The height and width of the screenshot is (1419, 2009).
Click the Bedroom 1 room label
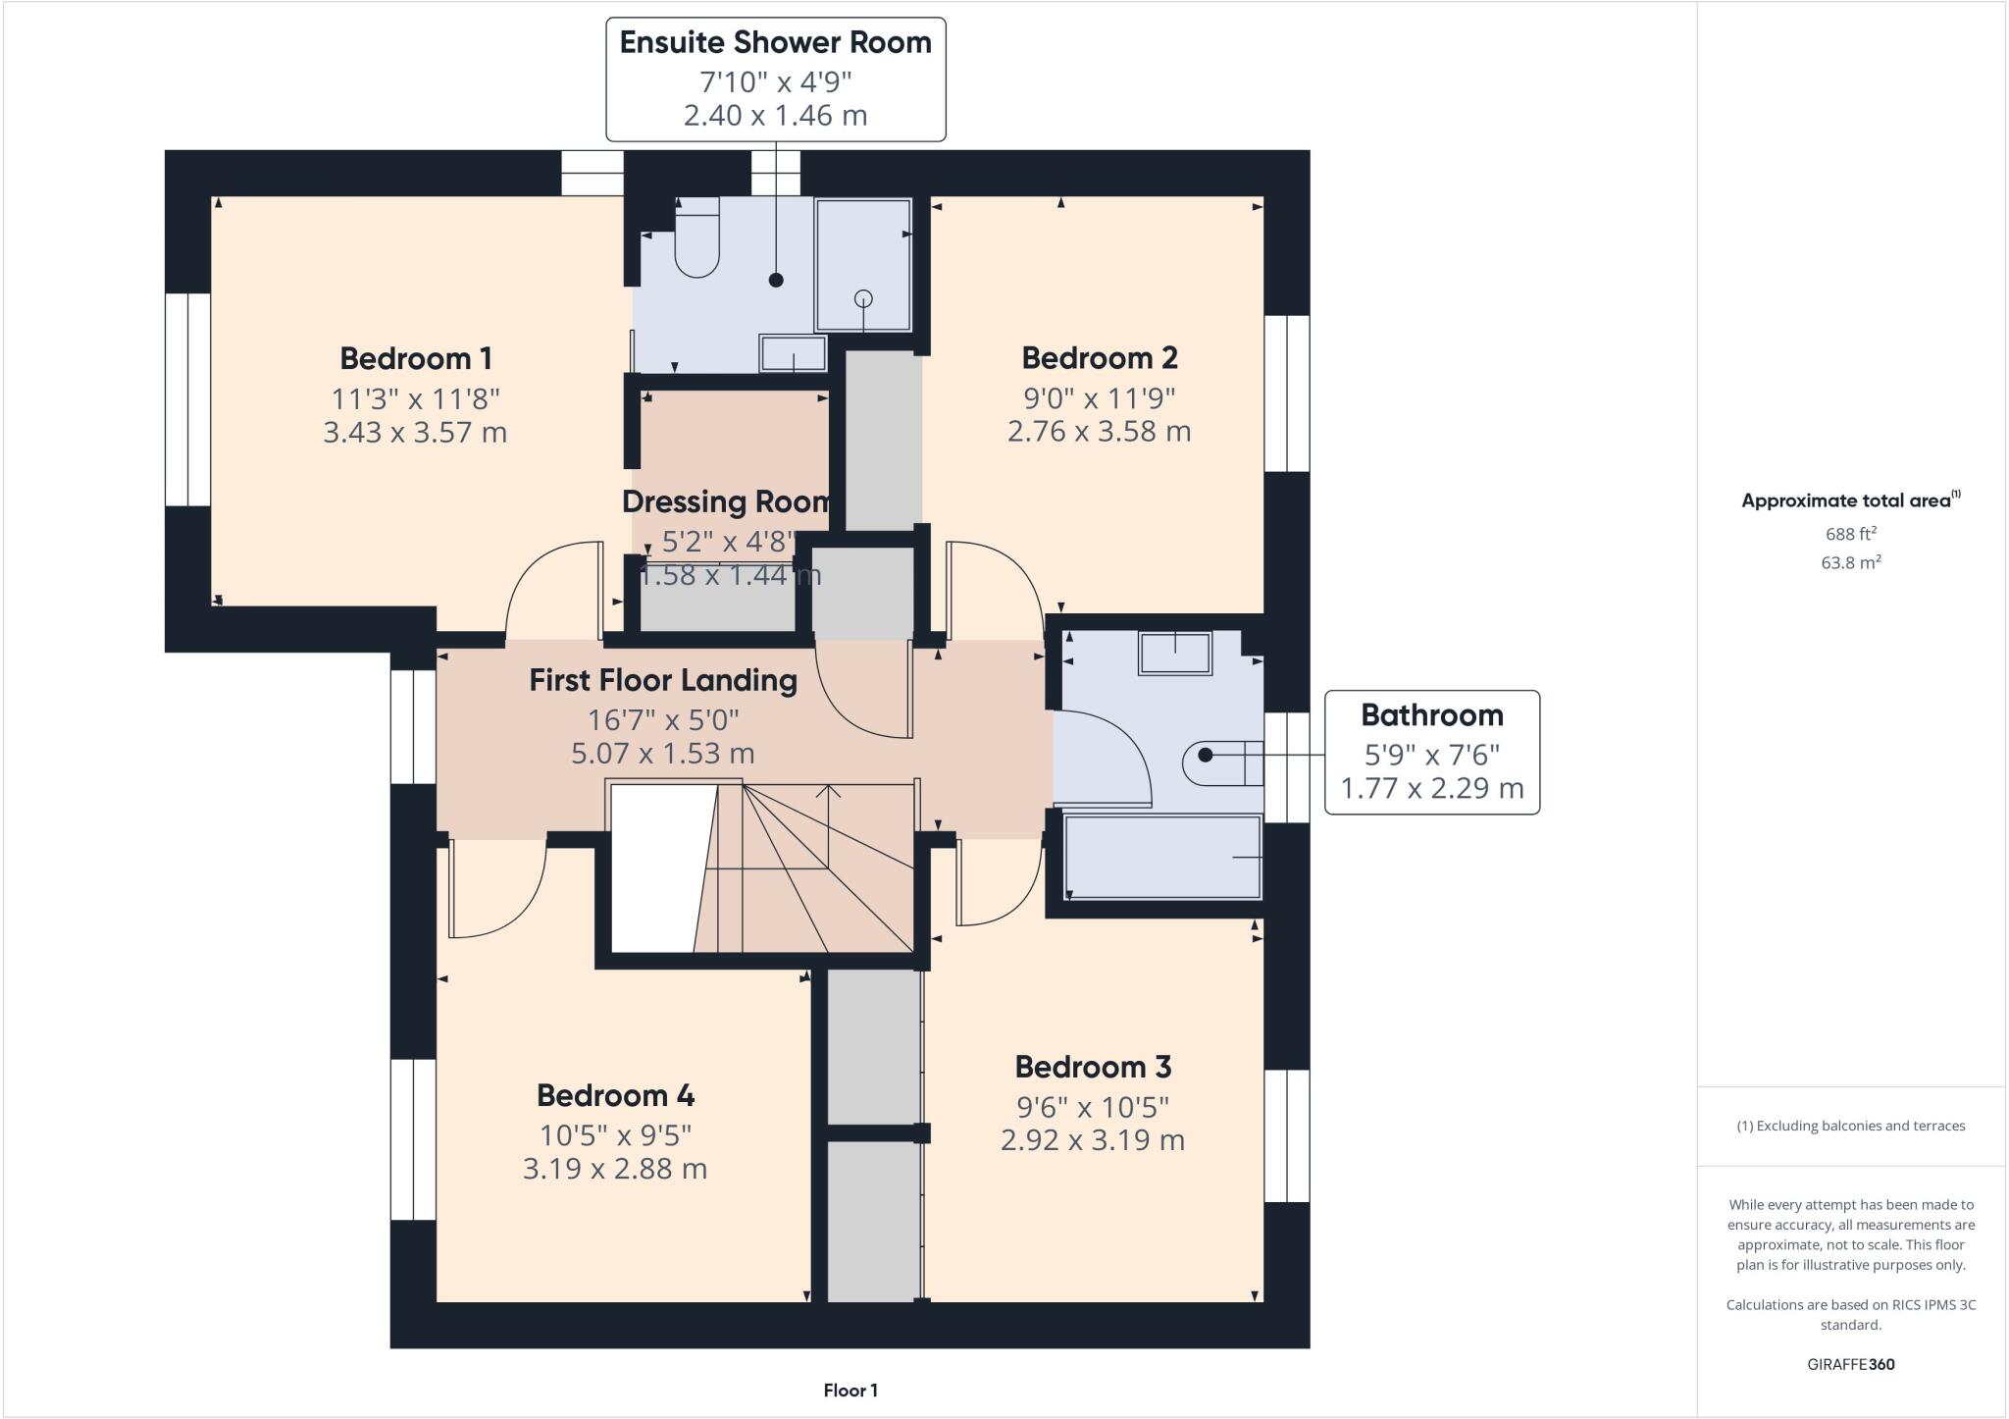tap(416, 358)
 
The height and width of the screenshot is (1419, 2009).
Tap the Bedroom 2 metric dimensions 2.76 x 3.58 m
tap(1099, 432)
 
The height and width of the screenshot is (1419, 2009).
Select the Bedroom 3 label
tap(1093, 1067)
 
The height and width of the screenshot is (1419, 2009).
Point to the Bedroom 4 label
tap(615, 1095)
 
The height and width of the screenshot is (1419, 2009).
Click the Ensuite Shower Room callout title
tap(775, 42)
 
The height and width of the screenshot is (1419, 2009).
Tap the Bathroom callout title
tap(1431, 715)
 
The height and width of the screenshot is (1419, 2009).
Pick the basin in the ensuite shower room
tap(793, 354)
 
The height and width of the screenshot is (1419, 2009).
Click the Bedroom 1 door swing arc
tap(549, 589)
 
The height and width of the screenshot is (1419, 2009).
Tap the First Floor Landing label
tap(663, 680)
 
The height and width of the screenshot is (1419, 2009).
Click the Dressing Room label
tap(726, 501)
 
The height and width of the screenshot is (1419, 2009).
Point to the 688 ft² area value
tap(1850, 534)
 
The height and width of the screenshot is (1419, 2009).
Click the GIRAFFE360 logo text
tap(1850, 1364)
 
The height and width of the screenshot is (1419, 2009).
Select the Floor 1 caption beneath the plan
tap(850, 1391)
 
